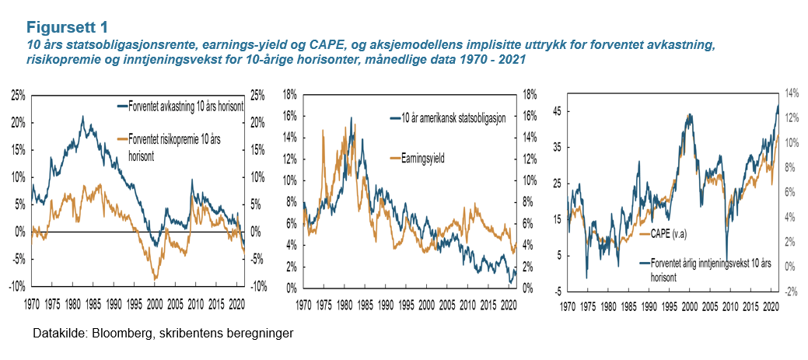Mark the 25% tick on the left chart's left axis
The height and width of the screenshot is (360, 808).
(18, 95)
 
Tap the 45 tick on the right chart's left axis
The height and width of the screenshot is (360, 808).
(558, 110)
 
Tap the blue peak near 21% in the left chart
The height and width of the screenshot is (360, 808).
(82, 117)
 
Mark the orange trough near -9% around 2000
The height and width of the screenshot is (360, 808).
(156, 278)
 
